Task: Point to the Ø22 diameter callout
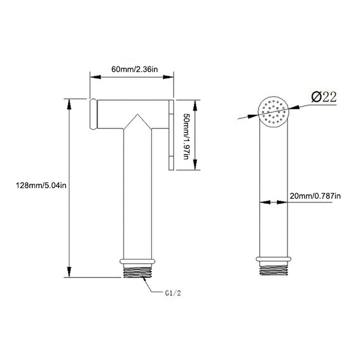point(324,97)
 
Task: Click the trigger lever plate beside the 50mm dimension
point(171,135)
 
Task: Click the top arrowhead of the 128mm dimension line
point(69,103)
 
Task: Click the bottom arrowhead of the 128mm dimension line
point(69,273)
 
